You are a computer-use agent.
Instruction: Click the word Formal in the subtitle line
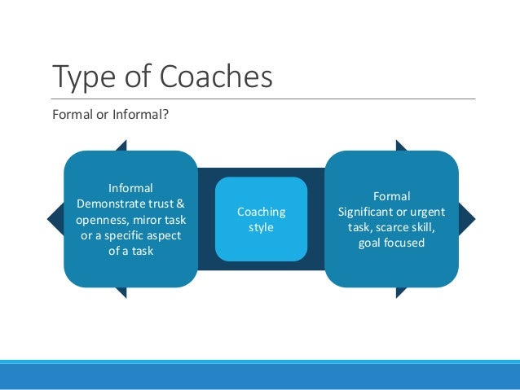point(71,114)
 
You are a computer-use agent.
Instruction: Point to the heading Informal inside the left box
point(130,188)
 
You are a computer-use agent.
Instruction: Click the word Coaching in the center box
point(261,212)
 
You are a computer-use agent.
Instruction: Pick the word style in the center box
point(261,227)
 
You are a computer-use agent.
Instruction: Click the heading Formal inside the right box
point(391,196)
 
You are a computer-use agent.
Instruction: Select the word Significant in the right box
point(368,212)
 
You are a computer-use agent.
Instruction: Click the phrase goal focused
point(391,243)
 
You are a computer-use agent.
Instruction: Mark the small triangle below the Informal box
point(121,291)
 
